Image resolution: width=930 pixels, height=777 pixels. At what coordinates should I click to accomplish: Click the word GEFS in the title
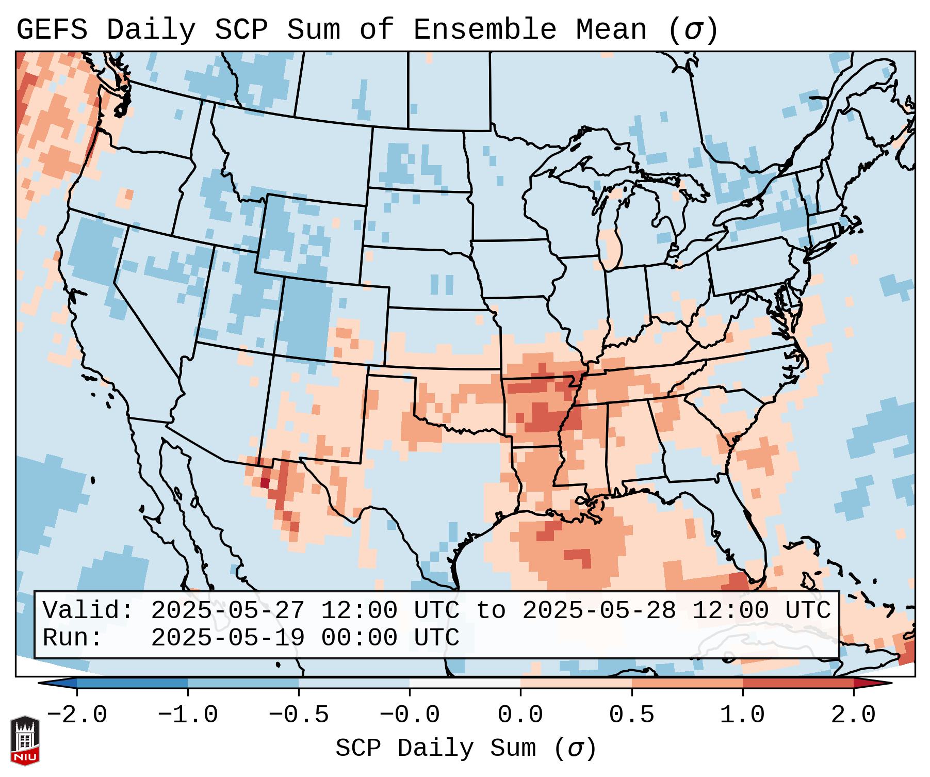[x=52, y=29]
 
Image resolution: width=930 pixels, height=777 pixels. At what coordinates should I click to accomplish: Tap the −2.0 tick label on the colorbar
[x=77, y=715]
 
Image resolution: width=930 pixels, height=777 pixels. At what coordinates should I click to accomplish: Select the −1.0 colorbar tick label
[x=188, y=715]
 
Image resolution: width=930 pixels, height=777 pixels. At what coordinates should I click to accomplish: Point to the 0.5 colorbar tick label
[x=631, y=715]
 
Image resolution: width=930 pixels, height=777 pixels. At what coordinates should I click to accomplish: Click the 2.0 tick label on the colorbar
[x=853, y=715]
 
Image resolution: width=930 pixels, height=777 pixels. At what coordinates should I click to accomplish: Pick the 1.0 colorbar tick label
[x=742, y=715]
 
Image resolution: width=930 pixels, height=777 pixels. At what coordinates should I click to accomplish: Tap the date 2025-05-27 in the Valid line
[x=227, y=611]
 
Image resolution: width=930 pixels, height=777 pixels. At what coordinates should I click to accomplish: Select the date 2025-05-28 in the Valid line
[x=599, y=611]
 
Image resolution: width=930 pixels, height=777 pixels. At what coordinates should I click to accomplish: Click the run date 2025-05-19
[x=227, y=638]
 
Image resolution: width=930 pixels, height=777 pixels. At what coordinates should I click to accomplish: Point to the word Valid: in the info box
[x=88, y=611]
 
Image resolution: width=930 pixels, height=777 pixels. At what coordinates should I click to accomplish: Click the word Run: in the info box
[x=73, y=638]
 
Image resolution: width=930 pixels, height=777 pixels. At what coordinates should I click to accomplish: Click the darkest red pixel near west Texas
[x=265, y=483]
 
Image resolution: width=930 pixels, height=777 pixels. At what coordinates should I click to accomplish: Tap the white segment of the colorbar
[x=465, y=683]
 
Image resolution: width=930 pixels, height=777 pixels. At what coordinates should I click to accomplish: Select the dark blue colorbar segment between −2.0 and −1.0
[x=132, y=683]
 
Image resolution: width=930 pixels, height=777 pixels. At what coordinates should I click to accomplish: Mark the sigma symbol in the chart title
[x=692, y=30]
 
